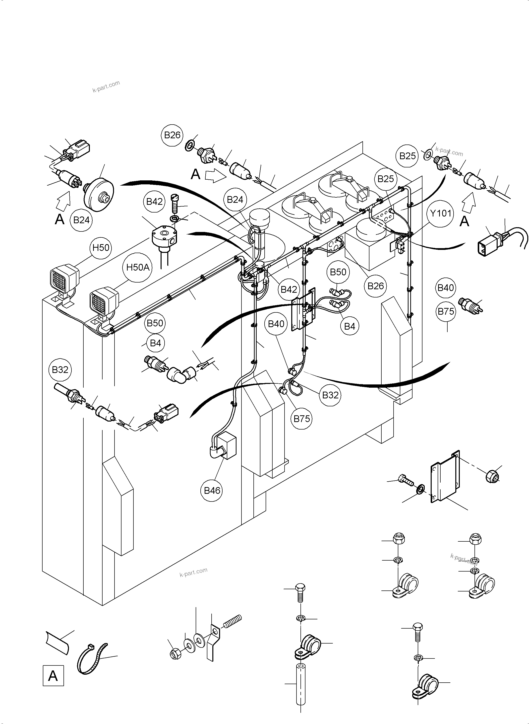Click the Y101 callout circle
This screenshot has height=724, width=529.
point(441,213)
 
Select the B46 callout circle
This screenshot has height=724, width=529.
point(212,490)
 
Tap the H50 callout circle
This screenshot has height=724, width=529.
point(101,247)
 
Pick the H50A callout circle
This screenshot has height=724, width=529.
point(138,267)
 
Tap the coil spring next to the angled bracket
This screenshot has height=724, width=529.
point(232,621)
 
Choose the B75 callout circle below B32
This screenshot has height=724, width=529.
point(302,419)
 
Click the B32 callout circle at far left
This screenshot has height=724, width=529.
point(60,369)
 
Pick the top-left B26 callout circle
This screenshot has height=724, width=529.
point(172,135)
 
